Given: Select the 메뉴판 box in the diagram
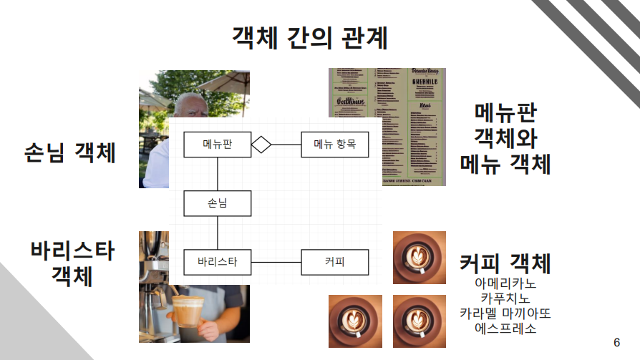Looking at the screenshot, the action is coord(217,145).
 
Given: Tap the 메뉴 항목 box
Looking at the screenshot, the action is coord(334,145).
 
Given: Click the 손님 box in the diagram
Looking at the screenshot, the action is coord(217,203).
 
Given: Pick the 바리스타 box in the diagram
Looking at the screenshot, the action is coord(217,262).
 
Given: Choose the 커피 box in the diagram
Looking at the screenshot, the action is coord(334,262).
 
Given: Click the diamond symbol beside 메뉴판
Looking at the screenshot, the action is coord(261,145).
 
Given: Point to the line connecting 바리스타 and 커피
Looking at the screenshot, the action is coord(276,262).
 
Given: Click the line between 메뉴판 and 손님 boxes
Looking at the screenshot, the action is coord(217,174).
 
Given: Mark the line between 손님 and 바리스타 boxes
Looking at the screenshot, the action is coord(217,233).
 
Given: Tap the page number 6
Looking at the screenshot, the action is coord(617,341).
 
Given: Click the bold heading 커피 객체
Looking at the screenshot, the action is coord(505,262).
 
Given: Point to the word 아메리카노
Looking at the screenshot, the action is coord(505,283).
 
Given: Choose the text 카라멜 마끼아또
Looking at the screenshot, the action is coord(505,314).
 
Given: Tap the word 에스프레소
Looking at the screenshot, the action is coord(505,329).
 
